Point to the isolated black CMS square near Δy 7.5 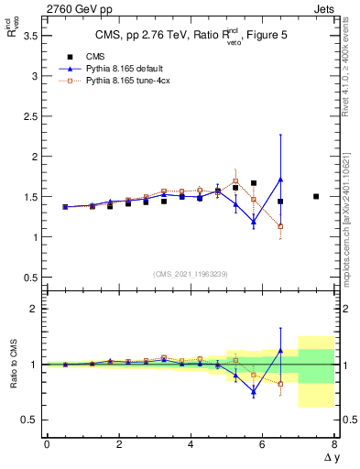[x=316, y=196]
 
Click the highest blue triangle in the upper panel [x=280, y=180]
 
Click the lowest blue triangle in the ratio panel [x=254, y=391]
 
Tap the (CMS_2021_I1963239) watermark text [x=190, y=273]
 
